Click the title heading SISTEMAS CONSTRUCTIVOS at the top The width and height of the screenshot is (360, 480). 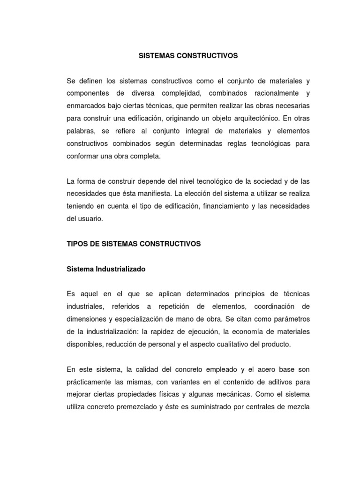(x=188, y=56)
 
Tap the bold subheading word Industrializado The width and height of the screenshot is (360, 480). (x=120, y=269)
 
